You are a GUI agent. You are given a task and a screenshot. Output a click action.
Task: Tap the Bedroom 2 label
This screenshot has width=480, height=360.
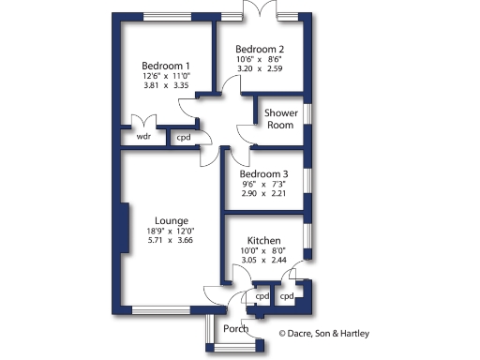pos(260,49)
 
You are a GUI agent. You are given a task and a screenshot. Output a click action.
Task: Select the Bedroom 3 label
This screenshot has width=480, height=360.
pos(263,174)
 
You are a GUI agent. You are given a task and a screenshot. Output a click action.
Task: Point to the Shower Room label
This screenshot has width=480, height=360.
pos(280,119)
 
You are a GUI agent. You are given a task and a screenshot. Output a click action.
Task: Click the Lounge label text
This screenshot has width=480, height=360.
pos(172,220)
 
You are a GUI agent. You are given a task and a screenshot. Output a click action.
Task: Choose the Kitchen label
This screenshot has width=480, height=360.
pos(264,240)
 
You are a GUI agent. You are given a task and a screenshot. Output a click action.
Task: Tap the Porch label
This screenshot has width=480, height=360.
pos(236,328)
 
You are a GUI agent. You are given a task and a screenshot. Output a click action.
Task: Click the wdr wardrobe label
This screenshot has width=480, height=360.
pos(143,136)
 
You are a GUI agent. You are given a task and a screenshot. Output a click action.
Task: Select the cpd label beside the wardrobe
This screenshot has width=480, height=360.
pos(184,137)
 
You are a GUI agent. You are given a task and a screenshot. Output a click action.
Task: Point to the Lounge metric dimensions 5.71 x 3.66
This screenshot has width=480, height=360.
pos(172,240)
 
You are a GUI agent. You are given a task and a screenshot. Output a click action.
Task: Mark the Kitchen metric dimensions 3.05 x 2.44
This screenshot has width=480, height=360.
pos(264,261)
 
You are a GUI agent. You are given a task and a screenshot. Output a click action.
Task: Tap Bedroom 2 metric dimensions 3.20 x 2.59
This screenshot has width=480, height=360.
pos(260,69)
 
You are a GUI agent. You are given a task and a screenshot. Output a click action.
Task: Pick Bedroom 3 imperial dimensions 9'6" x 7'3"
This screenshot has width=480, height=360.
pos(263,186)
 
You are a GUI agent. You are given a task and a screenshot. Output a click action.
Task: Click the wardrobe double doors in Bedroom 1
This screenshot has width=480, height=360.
pos(143,123)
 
